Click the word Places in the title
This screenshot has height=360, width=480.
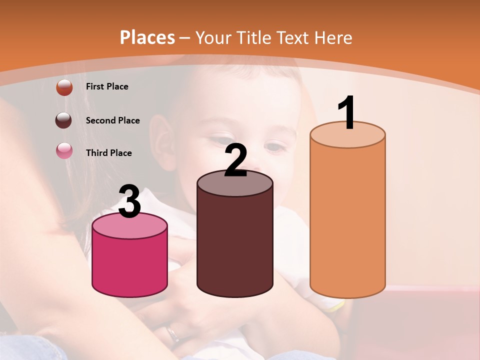(147, 37)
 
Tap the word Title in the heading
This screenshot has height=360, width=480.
(253, 37)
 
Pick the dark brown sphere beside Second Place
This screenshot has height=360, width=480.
(64, 120)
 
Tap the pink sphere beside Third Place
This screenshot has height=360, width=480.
(64, 150)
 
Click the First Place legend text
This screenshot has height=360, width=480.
(107, 86)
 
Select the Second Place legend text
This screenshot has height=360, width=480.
(112, 120)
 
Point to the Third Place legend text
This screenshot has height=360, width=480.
(108, 153)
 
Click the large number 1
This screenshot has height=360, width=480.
(346, 113)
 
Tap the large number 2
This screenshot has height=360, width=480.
(236, 160)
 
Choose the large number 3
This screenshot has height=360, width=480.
(129, 201)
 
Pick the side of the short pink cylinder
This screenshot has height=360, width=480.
(130, 265)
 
